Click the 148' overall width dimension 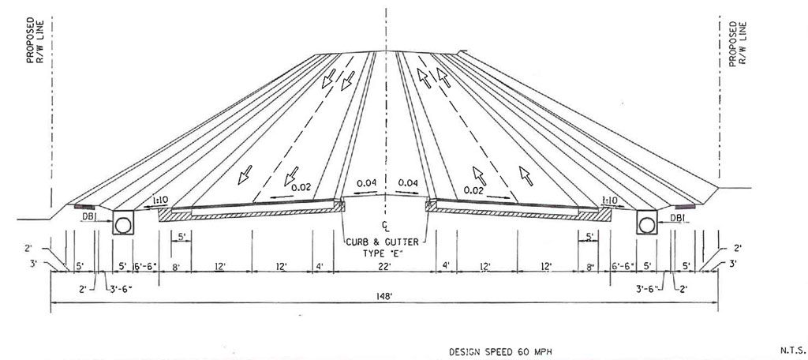tap(384, 296)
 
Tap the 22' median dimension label tap(384, 266)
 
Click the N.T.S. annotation tap(790, 350)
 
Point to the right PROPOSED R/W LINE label tap(738, 43)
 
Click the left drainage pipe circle tap(123, 224)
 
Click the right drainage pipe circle tap(645, 224)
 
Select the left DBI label tap(89, 218)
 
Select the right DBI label tap(678, 218)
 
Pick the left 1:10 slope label tap(160, 200)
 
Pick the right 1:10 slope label tap(609, 200)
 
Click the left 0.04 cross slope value tap(366, 182)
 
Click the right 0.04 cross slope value tap(408, 182)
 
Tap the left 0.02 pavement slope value tap(301, 188)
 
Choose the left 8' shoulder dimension tap(175, 267)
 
